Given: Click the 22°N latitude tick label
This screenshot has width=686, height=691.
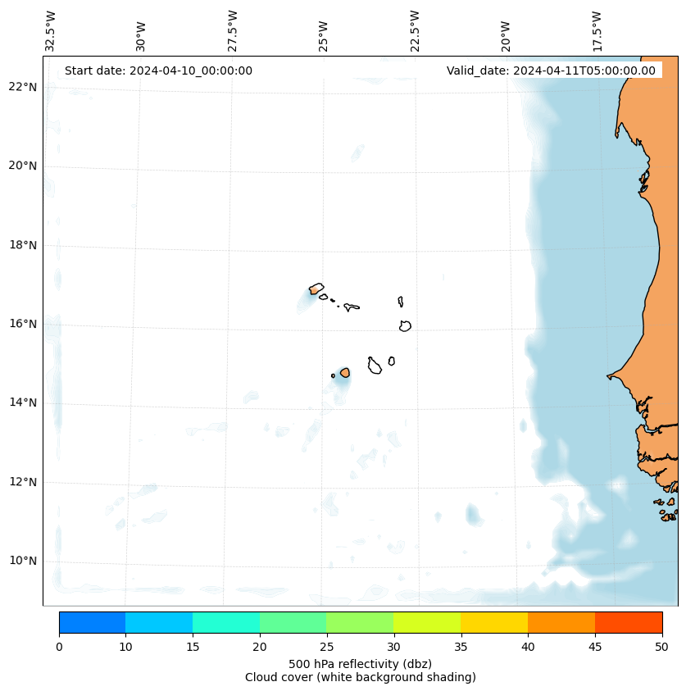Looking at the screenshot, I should [x=22, y=87].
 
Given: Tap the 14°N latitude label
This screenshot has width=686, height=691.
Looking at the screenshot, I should [x=22, y=402].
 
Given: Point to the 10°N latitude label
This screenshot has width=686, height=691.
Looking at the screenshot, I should [x=22, y=561].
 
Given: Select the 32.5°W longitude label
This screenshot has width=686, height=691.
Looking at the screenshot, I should [x=51, y=30].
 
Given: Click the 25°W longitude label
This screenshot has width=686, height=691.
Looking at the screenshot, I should [x=324, y=35].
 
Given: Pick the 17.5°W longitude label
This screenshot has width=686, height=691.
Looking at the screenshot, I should [x=597, y=30].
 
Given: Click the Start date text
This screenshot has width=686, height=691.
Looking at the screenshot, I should [x=158, y=70].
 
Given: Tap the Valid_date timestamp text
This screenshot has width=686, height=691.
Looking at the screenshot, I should [x=551, y=70].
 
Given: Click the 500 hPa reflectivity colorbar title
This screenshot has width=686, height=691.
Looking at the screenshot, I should [x=360, y=663].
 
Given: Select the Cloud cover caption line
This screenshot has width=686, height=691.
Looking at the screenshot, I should [x=360, y=677].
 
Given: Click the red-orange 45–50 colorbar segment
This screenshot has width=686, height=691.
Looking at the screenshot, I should [x=628, y=622].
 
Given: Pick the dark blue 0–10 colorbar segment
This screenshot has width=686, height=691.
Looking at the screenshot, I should [x=92, y=622].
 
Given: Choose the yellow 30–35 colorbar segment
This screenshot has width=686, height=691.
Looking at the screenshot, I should [x=426, y=622].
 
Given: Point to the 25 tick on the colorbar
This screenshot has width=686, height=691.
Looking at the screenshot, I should [x=326, y=647].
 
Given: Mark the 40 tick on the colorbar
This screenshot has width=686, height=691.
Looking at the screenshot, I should [x=527, y=647].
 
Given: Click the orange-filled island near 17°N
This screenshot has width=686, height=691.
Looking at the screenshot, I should [x=316, y=289].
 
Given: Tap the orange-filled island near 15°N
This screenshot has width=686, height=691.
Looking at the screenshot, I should [x=345, y=372].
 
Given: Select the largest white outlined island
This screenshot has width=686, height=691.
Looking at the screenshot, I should [x=375, y=366].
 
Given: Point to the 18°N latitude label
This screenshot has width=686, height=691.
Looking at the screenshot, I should [x=22, y=245].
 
